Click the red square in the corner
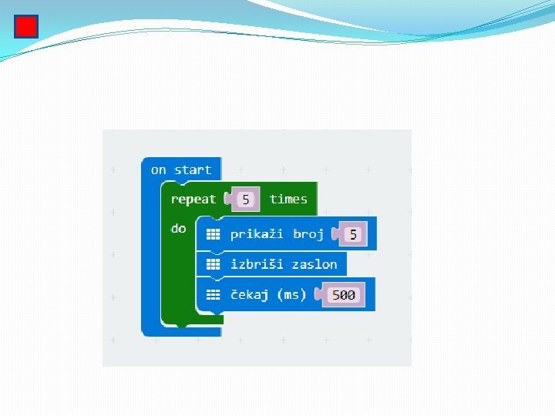pos(26,27)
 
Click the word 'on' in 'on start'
pos(159,169)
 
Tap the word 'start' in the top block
pos(193,169)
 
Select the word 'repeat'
pos(193,200)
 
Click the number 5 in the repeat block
pos(246,200)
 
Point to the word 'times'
pos(288,200)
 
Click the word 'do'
pos(179,229)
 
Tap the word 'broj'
pos(308,234)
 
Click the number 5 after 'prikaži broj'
pos(353,235)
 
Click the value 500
pos(344,295)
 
